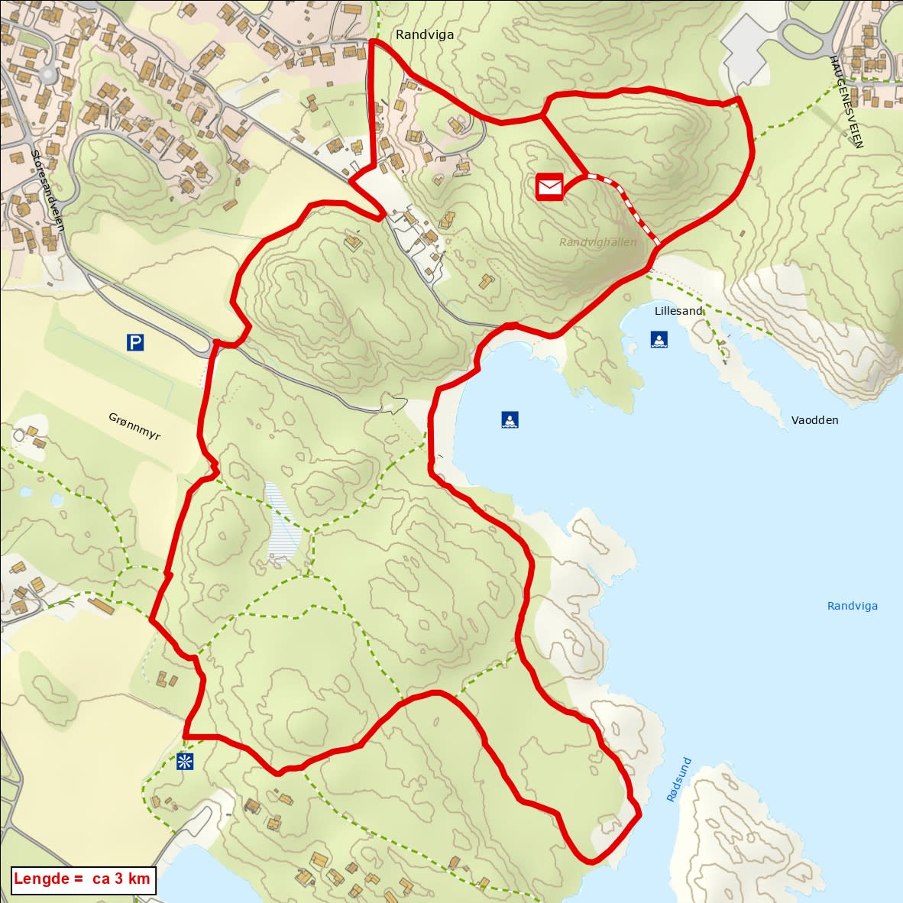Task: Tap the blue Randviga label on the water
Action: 852,606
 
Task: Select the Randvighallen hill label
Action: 597,242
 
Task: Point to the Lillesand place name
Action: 678,311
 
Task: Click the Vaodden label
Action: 814,420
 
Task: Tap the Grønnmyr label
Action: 134,425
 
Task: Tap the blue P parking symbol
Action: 135,343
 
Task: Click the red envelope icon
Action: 549,186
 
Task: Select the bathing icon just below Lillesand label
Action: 659,339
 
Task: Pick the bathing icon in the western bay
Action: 510,419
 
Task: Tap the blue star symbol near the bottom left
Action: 184,761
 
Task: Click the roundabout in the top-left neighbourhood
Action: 48,75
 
